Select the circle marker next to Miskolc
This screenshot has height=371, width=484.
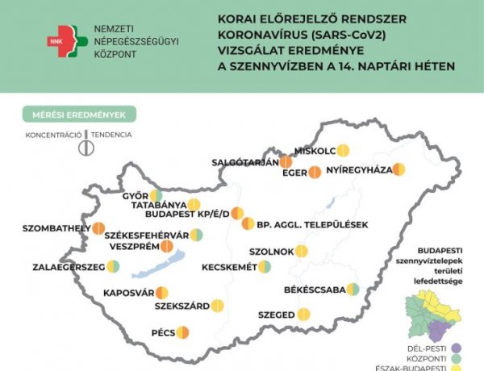point(343,150)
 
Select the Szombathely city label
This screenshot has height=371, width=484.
point(45,228)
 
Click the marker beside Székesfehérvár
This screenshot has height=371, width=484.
point(196,235)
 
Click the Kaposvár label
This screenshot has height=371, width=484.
point(128,293)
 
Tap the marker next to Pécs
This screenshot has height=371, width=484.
point(182,331)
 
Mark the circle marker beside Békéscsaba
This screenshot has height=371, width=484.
point(353,290)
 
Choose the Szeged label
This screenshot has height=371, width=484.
point(277,315)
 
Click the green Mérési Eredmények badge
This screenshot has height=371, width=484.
point(78,115)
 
